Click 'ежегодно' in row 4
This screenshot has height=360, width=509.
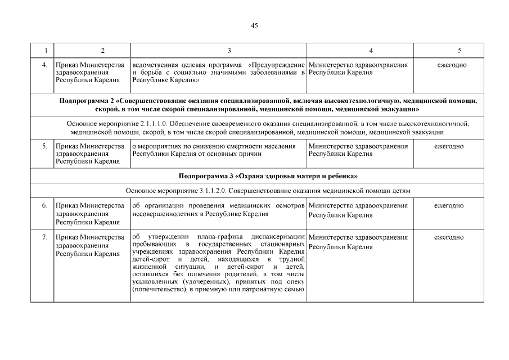[452, 65]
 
